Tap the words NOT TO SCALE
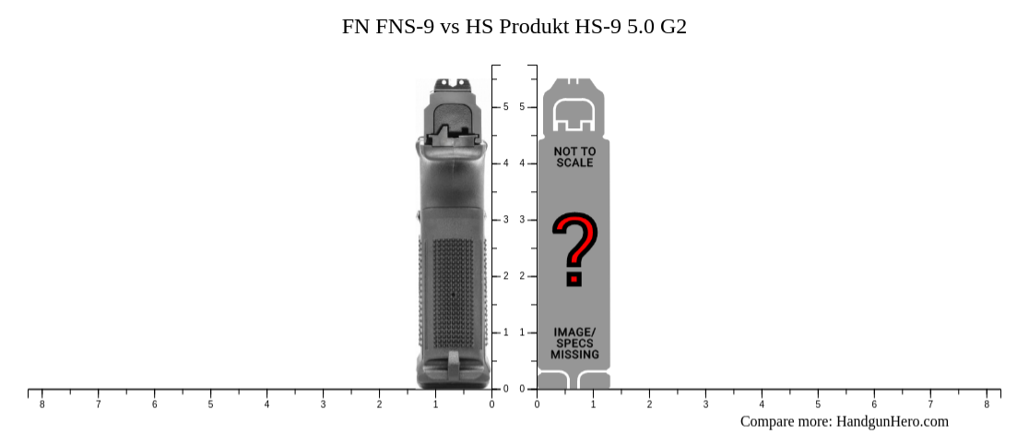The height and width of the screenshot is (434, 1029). [x=574, y=157]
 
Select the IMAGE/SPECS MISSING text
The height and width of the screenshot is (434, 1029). [x=574, y=344]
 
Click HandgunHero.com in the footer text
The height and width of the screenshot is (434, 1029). [x=892, y=422]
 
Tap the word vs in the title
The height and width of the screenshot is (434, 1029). [x=450, y=27]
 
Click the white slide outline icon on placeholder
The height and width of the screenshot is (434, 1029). [x=574, y=112]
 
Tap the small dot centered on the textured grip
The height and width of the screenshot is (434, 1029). [x=453, y=295]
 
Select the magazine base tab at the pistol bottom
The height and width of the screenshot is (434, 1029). [x=453, y=363]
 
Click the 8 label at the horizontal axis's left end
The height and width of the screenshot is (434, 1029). [x=41, y=404]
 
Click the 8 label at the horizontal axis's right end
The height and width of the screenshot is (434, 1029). [x=987, y=404]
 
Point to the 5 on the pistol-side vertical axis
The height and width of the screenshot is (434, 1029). [x=505, y=107]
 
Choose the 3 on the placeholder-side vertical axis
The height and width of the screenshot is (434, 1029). [x=522, y=220]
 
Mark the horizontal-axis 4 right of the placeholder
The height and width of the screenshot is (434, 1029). [x=762, y=404]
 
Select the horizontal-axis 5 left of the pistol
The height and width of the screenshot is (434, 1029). [x=210, y=404]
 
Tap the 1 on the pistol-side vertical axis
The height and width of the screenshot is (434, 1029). [x=505, y=332]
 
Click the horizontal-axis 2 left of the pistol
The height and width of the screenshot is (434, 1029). [x=379, y=404]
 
